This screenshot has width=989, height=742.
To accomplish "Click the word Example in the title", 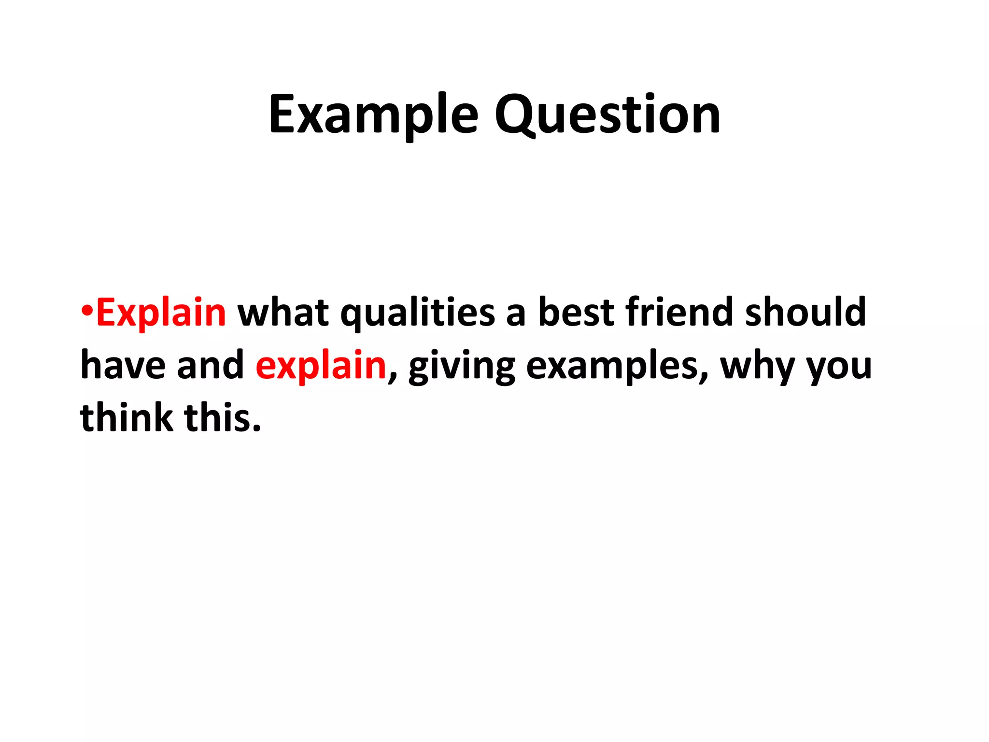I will pyautogui.click(x=373, y=115).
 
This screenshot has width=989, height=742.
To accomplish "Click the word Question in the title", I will pyautogui.click(x=607, y=115).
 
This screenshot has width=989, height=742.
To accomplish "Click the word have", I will pyautogui.click(x=123, y=365).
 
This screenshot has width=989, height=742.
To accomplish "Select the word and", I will pyautogui.click(x=211, y=365).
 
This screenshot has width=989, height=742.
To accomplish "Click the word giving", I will pyautogui.click(x=461, y=367).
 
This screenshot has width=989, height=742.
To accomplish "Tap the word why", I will pyautogui.click(x=757, y=367).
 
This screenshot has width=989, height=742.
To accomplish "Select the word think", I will pyautogui.click(x=127, y=417).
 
